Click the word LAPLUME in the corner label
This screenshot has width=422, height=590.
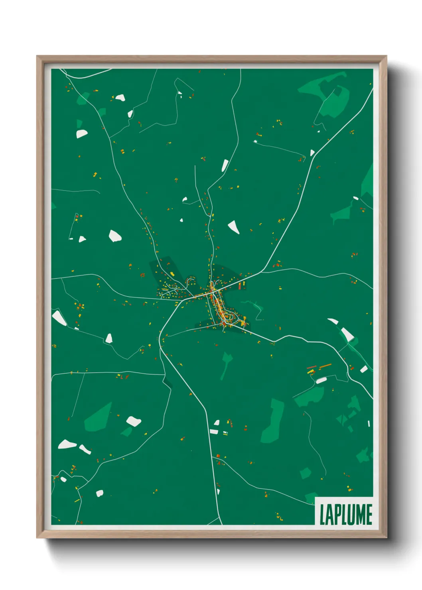345,515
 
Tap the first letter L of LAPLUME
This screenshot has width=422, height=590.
322,515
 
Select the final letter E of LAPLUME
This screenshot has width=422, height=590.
369,515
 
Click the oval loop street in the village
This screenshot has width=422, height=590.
229,317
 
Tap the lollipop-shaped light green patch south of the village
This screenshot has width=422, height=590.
227,361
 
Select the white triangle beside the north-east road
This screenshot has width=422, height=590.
312,153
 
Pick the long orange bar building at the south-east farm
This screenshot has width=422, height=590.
325,366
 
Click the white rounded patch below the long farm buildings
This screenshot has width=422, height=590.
321,381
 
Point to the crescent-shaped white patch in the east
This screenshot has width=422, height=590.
333,321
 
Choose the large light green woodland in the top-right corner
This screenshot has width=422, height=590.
331,98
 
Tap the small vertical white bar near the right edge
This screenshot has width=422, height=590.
369,424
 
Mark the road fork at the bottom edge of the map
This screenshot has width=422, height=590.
219,519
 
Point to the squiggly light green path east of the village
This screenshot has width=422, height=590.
255,309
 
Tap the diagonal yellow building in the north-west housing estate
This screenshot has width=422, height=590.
172,273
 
